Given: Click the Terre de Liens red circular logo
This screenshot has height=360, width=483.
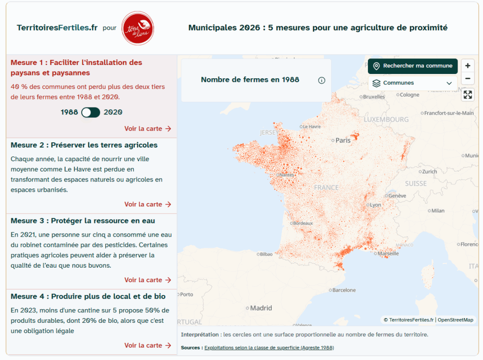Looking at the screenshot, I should [137, 28].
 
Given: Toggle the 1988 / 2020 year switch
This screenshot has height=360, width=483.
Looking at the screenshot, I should [91, 112].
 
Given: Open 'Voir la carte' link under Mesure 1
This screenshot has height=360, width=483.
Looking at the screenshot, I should [148, 129].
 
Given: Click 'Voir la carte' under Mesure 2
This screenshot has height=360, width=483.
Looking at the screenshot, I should [148, 205].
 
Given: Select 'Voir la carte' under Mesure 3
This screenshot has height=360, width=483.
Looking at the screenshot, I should [148, 280].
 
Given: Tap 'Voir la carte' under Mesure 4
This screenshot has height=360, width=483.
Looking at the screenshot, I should [148, 345].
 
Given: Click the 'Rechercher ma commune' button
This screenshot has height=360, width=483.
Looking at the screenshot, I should [413, 66].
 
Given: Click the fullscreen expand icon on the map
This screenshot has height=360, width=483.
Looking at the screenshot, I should [467, 95].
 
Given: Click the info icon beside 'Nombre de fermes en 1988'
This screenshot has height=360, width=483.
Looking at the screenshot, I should [322, 80].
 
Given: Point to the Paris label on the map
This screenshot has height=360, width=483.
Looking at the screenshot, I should [343, 140].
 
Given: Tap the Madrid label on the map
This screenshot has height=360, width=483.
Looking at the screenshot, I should [261, 308].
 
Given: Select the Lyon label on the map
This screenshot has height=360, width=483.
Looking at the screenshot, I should [375, 205].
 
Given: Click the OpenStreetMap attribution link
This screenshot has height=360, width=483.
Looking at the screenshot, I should [455, 320].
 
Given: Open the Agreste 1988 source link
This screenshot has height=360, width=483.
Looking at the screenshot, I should [269, 348].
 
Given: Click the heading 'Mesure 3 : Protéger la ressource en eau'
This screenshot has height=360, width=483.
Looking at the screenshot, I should [83, 221].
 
